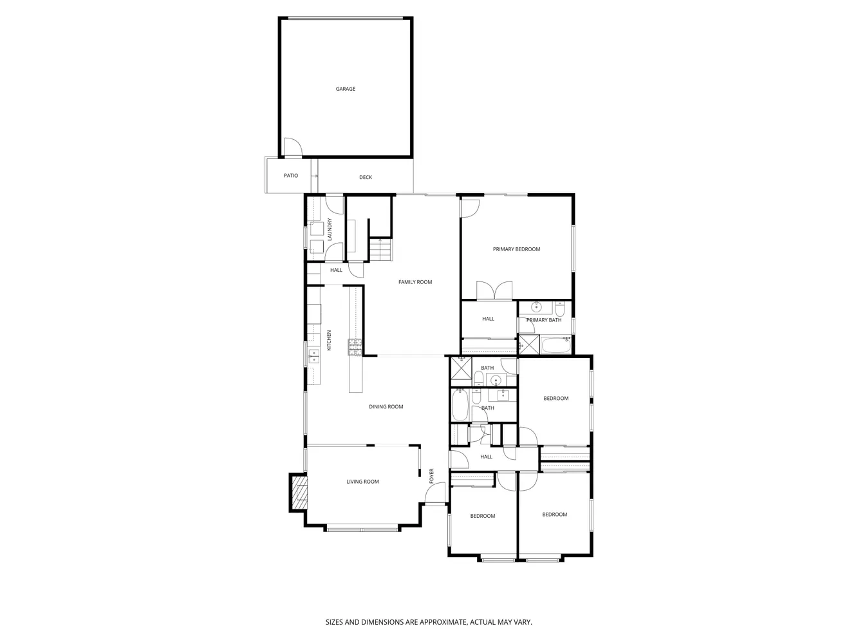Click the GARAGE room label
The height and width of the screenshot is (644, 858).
coord(346,89)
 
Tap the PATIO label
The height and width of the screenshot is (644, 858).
coord(291,176)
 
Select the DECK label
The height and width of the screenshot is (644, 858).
coord(366,178)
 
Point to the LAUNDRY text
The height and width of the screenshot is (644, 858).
coord(330,230)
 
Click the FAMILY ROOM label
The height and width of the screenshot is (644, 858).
coord(415,282)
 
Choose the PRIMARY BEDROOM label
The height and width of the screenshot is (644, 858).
coord(516,249)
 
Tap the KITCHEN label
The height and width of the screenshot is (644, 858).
coord(329,340)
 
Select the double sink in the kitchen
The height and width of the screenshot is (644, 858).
coord(313,356)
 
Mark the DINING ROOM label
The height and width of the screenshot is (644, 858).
coord(386,407)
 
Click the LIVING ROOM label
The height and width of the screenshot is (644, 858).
coord(363,482)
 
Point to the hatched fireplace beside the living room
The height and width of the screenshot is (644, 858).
coord(299,492)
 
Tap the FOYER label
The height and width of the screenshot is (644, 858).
coord(432,476)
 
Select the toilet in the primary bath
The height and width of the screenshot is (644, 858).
coord(559,308)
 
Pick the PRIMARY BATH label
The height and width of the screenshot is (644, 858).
coord(544,320)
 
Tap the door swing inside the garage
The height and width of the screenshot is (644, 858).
coord(292,148)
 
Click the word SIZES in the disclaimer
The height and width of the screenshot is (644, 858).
coord(334,623)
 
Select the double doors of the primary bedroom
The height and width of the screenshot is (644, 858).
coord(494,291)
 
